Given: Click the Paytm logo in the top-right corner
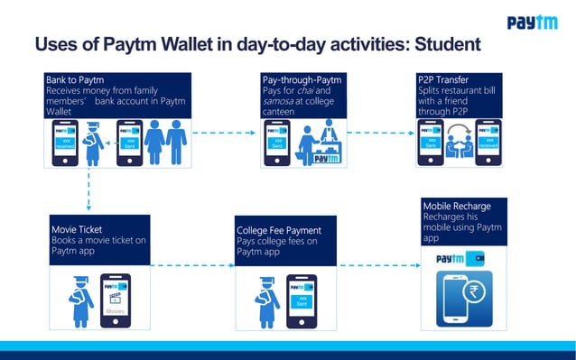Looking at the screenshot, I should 532,23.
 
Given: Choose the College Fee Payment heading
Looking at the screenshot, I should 279,231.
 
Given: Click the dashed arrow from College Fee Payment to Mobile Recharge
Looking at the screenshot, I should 380,265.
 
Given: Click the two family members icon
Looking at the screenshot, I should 165,142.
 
